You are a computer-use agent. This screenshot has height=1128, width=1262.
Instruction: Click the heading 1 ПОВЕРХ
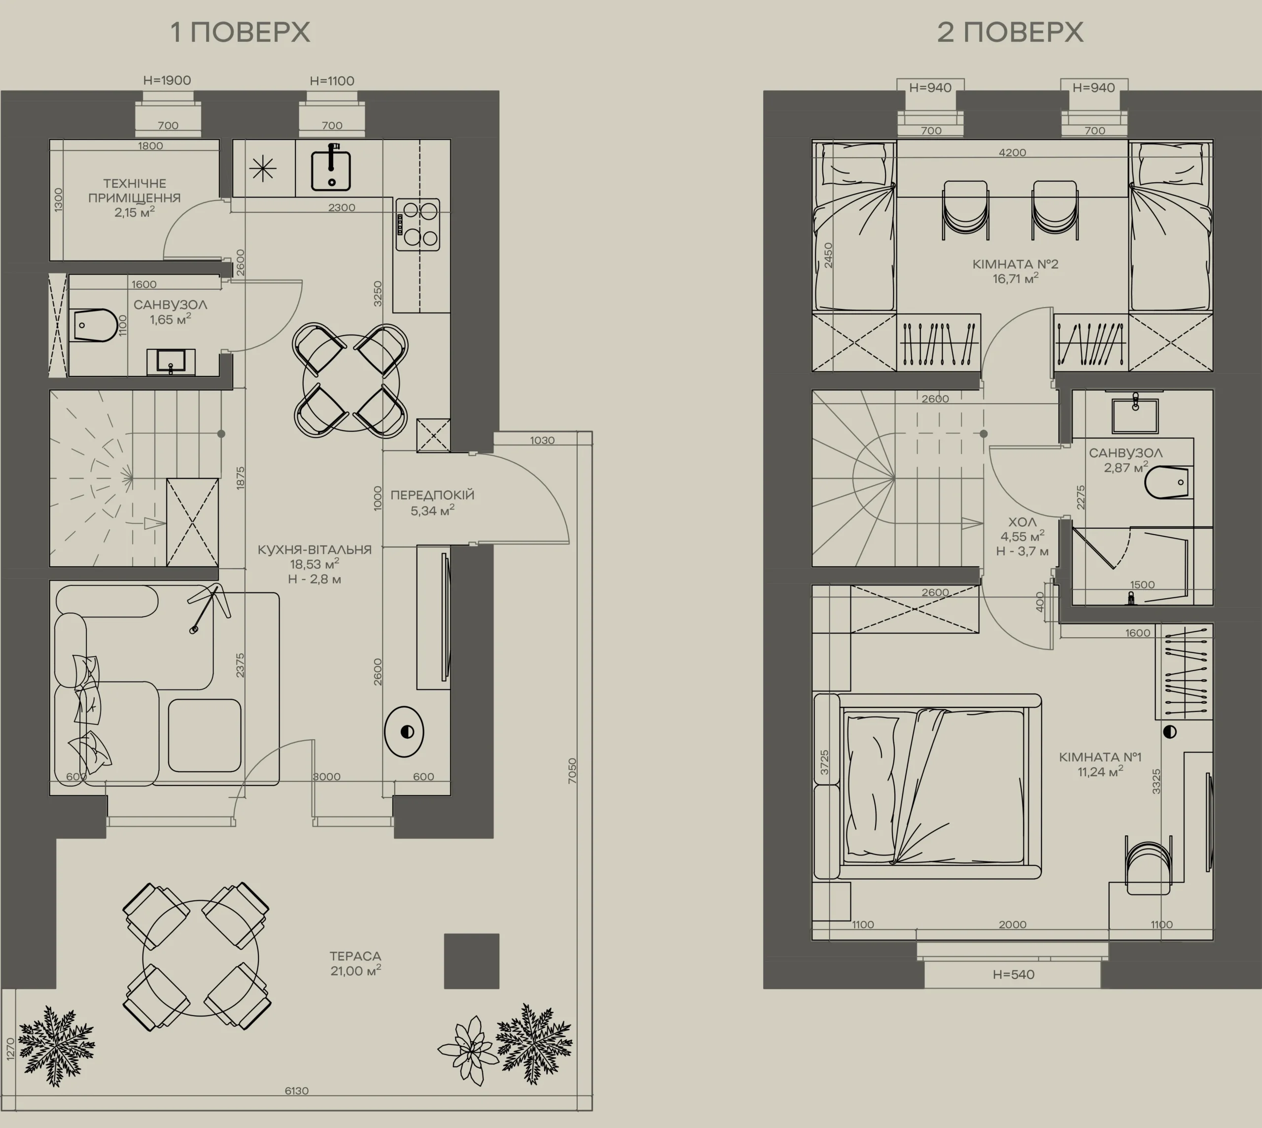(x=241, y=32)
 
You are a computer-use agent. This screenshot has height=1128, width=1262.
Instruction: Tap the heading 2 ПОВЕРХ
(x=1011, y=32)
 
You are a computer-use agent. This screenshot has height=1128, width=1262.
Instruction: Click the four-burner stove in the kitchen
(x=418, y=224)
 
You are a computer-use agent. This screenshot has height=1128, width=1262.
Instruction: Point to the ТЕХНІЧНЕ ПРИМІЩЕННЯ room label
(x=135, y=191)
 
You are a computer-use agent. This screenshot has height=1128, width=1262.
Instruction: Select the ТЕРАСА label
(x=355, y=957)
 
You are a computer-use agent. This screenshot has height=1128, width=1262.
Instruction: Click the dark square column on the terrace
(x=472, y=960)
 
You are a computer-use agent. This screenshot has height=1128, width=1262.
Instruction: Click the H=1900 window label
(x=167, y=81)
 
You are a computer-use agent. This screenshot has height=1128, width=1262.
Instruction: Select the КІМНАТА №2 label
(x=1016, y=264)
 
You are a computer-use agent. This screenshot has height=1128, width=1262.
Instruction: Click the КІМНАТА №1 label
(x=1100, y=757)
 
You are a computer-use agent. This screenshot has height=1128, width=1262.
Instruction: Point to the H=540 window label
(x=1014, y=974)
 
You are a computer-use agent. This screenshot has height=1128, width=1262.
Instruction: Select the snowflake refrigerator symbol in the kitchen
(x=263, y=168)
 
